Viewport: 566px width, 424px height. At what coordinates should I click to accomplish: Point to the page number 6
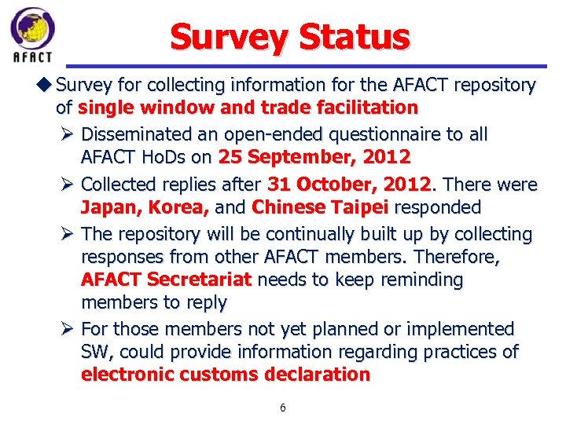coord(283,408)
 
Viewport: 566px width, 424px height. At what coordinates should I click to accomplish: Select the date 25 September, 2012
coord(314,157)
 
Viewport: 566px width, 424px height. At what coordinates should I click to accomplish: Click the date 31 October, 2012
coord(351,185)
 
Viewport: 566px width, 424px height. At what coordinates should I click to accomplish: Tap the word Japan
coord(105,207)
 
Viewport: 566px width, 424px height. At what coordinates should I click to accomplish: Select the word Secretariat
coord(200,280)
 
